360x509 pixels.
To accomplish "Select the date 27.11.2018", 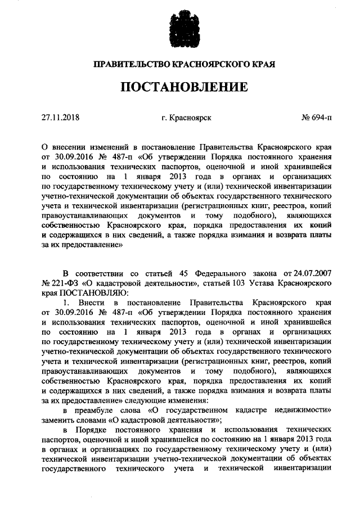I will tap(61, 118).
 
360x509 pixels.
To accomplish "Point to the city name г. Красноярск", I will tap(186, 118).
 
